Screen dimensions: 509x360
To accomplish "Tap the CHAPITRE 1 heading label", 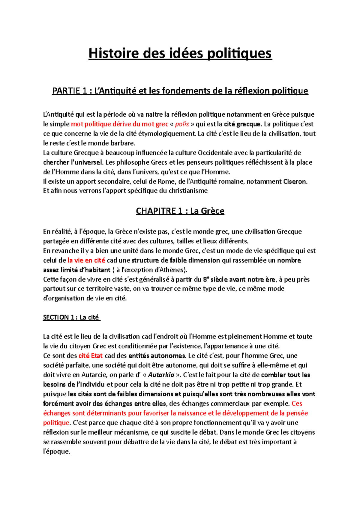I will click(159, 211).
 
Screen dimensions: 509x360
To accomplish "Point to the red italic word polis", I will click(182, 124).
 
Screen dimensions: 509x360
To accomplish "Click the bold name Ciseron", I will click(295, 181).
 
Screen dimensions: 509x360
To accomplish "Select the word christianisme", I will click(188, 191).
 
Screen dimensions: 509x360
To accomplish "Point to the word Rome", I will click(166, 181).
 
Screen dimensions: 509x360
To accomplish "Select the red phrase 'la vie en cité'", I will click(86, 260).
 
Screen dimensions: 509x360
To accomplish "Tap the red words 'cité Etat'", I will click(91, 356).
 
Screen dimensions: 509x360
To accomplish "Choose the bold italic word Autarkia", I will click(161, 375).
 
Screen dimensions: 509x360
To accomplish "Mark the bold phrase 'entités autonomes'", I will click(157, 356).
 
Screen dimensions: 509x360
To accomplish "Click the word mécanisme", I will click(125, 432).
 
